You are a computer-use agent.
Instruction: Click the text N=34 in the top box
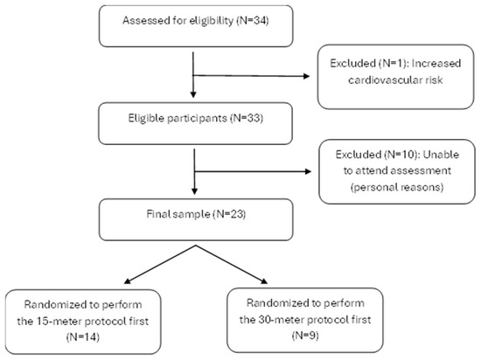tap(253, 20)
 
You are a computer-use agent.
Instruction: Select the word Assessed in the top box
tap(138, 20)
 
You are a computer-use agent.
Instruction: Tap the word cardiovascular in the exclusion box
tap(384, 80)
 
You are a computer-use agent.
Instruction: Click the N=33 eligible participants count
tap(247, 118)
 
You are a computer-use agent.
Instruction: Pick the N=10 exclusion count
tap(401, 155)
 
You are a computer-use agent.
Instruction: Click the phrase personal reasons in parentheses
tap(397, 187)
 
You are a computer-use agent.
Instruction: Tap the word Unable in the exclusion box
tap(441, 155)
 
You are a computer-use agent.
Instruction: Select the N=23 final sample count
tap(230, 214)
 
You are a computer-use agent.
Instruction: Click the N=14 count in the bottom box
tap(83, 337)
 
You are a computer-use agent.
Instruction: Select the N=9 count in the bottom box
tap(305, 336)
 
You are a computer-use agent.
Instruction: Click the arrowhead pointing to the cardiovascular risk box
tap(306, 76)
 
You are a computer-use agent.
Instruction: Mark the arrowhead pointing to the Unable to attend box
tap(307, 171)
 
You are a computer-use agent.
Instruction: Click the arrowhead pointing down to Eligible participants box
tap(193, 94)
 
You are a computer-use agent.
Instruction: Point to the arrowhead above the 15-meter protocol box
tap(128, 281)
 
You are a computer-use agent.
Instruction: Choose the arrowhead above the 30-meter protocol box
tap(264, 281)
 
